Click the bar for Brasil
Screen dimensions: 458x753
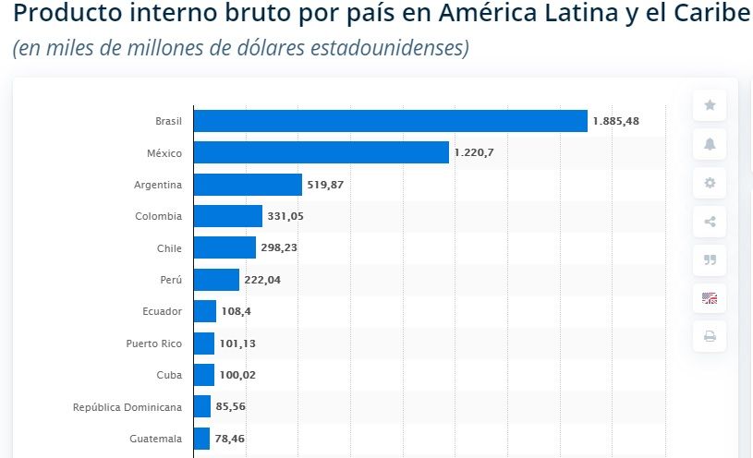(390, 121)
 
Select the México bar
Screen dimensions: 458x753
(321, 152)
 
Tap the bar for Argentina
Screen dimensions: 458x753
(248, 185)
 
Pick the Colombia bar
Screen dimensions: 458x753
(228, 216)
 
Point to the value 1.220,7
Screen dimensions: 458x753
(474, 152)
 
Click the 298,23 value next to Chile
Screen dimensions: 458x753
(279, 247)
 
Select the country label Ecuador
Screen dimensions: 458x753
(162, 311)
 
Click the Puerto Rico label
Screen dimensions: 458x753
(153, 343)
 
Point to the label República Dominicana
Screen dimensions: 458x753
(128, 406)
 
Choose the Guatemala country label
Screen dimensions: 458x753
(155, 439)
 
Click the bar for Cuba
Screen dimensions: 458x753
(204, 375)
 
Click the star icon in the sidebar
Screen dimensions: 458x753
(710, 105)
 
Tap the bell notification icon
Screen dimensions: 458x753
(710, 144)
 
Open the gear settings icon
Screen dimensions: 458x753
(710, 183)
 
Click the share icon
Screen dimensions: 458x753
(710, 222)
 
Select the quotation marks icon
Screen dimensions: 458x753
(710, 259)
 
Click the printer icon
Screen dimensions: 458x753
(710, 337)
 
